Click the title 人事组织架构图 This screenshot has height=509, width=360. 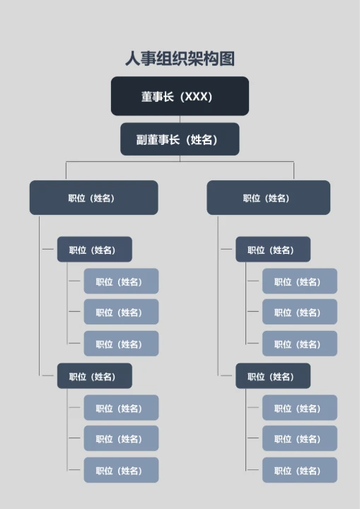(x=180, y=59)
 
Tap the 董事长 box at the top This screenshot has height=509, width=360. (x=180, y=96)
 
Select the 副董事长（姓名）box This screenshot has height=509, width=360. (x=180, y=139)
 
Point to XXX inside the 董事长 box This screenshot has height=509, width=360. (x=197, y=97)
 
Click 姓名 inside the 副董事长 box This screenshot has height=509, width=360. (x=202, y=140)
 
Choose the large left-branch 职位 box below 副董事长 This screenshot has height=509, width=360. (x=93, y=198)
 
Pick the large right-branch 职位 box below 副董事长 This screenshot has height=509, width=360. (x=268, y=198)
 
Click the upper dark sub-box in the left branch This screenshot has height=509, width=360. (x=94, y=250)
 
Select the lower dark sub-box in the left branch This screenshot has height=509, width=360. (x=94, y=376)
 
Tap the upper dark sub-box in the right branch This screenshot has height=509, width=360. (x=273, y=250)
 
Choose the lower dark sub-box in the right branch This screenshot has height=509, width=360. (x=273, y=376)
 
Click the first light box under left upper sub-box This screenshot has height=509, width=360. (x=121, y=281)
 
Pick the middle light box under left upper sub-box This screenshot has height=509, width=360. (x=121, y=312)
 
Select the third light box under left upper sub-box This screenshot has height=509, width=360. (x=121, y=344)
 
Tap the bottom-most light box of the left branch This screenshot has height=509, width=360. (x=121, y=470)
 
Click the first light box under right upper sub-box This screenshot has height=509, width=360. (x=299, y=281)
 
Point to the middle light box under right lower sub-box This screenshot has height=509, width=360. (x=299, y=438)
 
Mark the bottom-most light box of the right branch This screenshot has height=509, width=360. (x=299, y=470)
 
